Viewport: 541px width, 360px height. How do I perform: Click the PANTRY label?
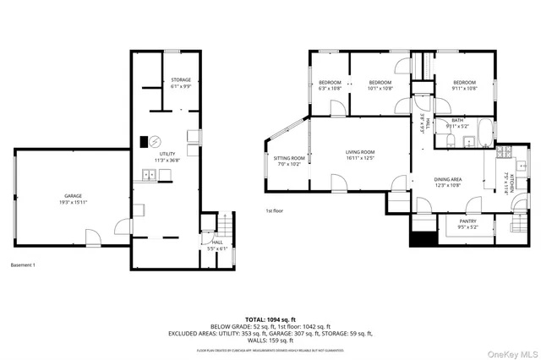[x=467, y=224]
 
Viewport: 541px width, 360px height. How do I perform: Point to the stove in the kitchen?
[x=505, y=152]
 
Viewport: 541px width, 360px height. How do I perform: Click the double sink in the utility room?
[x=148, y=176]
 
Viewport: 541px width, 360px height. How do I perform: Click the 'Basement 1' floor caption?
[x=22, y=265]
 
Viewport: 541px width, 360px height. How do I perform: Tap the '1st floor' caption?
[x=273, y=211]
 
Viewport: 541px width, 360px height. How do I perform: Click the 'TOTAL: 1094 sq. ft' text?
[x=270, y=310]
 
